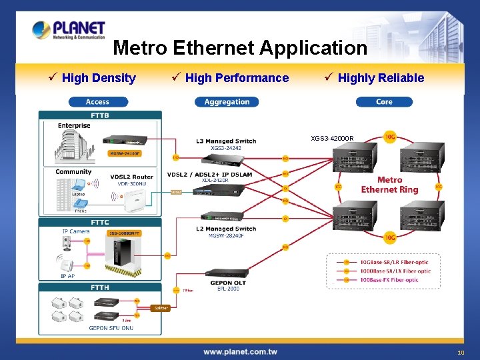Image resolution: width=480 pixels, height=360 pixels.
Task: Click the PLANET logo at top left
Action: [x=69, y=30]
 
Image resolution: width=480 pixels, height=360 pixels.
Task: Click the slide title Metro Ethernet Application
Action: [x=240, y=48]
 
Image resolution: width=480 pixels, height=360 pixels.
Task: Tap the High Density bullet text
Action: [x=98, y=78]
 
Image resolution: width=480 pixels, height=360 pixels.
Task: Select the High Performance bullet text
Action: [x=237, y=78]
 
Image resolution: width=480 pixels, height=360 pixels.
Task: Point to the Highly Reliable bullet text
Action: [x=381, y=78]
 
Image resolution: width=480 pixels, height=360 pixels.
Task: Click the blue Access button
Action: [x=97, y=102]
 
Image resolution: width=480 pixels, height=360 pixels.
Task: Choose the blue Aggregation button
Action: [x=227, y=102]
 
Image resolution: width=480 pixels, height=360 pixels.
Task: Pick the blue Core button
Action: [x=384, y=102]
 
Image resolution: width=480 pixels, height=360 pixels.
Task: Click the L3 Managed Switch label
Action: [x=226, y=141]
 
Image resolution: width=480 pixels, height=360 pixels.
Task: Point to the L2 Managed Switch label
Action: [x=226, y=229]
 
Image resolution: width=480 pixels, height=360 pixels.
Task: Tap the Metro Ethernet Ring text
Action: [x=389, y=185]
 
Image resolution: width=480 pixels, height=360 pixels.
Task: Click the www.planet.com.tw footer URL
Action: [x=240, y=351]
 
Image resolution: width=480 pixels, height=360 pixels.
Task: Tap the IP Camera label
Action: [x=75, y=231]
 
